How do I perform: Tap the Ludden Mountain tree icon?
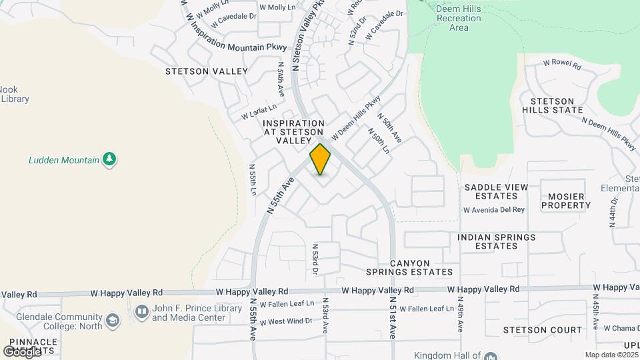pyautogui.click(x=110, y=159)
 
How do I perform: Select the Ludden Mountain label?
pyautogui.click(x=64, y=160)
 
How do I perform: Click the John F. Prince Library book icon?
pyautogui.click(x=141, y=311)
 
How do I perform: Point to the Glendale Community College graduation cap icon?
pyautogui.click(x=113, y=321)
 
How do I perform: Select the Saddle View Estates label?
pyautogui.click(x=492, y=191)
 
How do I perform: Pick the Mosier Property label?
pyautogui.click(x=565, y=201)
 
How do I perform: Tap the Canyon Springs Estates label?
pyautogui.click(x=409, y=267)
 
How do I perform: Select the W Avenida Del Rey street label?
pyautogui.click(x=495, y=210)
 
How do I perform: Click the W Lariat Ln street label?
pyautogui.click(x=259, y=111)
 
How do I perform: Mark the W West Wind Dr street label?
pyautogui.click(x=287, y=321)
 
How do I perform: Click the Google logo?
pyautogui.click(x=21, y=351)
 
